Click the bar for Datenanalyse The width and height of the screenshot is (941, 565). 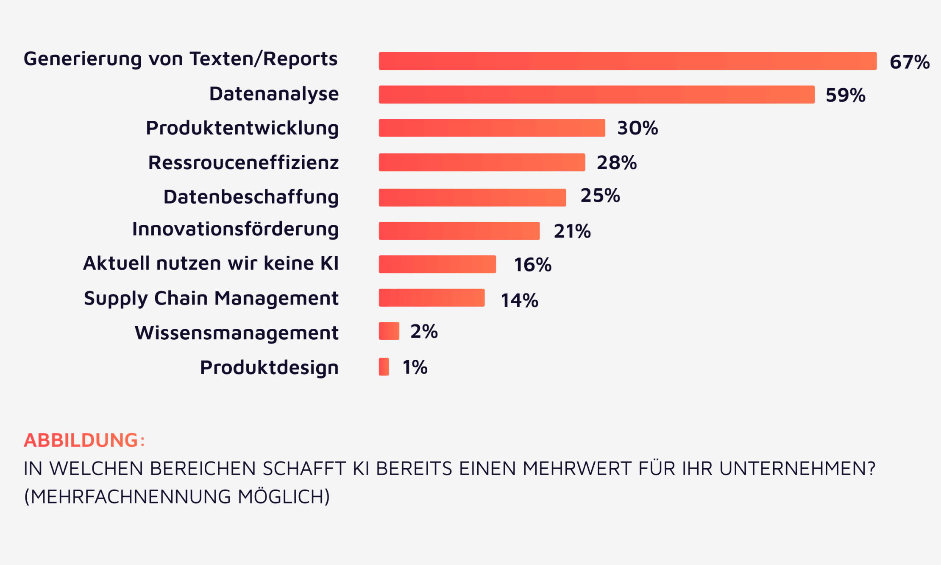[596, 95]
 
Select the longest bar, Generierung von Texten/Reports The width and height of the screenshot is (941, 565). [627, 61]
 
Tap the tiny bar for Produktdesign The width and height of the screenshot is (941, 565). [384, 367]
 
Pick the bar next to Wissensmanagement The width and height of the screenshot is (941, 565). [389, 331]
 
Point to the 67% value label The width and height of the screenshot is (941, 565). [909, 62]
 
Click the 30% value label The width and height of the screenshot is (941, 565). [637, 128]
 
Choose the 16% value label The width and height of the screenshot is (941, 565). [532, 265]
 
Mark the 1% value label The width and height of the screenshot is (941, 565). [415, 367]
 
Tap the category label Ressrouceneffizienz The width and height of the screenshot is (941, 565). [243, 163]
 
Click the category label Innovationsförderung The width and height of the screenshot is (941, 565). [235, 229]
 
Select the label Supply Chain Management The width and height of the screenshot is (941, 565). [211, 299]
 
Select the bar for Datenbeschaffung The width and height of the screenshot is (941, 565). [472, 198]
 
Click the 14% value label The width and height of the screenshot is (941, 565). [519, 301]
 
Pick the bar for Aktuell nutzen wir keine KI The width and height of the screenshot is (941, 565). [437, 264]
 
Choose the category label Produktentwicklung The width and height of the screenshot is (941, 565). [242, 129]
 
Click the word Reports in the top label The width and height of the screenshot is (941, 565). [300, 59]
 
